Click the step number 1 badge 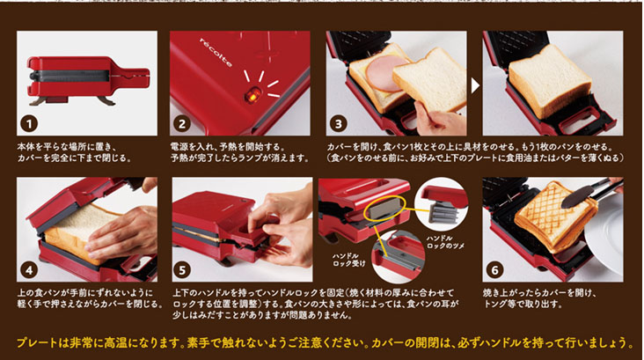(x=29, y=124)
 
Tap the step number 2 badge (x=182, y=124)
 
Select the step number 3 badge (x=339, y=124)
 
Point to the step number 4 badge (x=29, y=270)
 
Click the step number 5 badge (x=182, y=270)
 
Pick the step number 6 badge (x=495, y=270)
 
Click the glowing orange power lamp (x=252, y=94)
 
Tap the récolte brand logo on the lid (x=216, y=52)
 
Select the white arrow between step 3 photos (x=475, y=85)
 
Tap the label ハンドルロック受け (x=348, y=260)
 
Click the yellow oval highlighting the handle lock (x=384, y=210)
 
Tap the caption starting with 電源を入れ (x=239, y=152)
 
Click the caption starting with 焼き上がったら (x=539, y=298)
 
